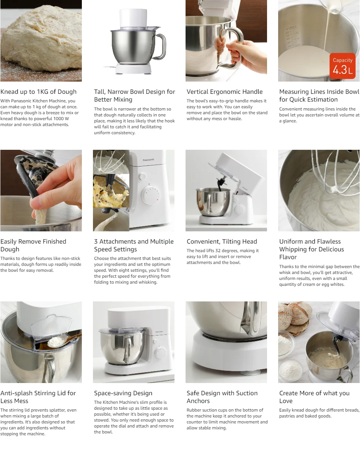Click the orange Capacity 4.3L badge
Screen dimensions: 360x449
[343, 66]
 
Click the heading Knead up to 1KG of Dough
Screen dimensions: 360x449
[39, 92]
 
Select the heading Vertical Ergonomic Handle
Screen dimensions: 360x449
[224, 92]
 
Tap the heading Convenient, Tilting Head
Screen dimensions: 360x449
[222, 241]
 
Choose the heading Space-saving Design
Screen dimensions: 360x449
[123, 393]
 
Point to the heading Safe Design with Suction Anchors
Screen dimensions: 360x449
[222, 397]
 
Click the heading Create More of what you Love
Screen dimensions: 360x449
[314, 397]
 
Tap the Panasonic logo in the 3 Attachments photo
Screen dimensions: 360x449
[149, 160]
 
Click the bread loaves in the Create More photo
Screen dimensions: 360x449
[295, 314]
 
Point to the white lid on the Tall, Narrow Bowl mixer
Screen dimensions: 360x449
[133, 19]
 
